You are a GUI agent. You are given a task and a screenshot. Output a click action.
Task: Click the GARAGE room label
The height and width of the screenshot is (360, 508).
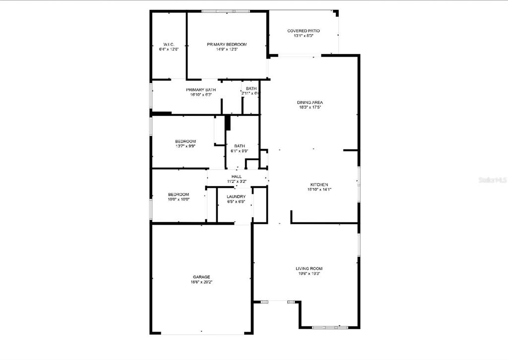tap(201, 277)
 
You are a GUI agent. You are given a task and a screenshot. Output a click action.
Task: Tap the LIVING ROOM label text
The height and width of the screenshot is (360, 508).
tap(310, 268)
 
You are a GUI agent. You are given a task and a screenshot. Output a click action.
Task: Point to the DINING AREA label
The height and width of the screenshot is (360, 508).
tap(310, 102)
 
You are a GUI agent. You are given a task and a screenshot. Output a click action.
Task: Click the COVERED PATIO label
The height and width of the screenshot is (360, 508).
tap(303, 31)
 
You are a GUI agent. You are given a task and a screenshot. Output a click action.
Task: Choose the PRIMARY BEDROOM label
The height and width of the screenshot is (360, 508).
tap(227, 44)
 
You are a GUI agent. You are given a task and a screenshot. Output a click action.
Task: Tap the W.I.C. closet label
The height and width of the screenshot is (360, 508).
tap(168, 44)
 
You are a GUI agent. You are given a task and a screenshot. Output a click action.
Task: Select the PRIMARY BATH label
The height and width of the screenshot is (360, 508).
tap(201, 90)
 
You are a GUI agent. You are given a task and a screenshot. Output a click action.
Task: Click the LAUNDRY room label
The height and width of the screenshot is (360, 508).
tap(236, 196)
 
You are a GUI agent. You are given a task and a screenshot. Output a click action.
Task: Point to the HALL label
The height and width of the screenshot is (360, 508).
tap(236, 177)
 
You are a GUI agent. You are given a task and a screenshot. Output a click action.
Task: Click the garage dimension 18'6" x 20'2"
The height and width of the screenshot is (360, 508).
tap(201, 282)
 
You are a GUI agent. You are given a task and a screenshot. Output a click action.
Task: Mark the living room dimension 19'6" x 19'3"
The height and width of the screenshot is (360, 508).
tap(310, 273)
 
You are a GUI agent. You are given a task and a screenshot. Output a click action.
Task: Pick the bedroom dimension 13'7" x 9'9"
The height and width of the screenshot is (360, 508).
tap(185, 146)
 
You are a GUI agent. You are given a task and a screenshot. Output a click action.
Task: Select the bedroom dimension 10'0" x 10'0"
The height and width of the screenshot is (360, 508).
tap(178, 199)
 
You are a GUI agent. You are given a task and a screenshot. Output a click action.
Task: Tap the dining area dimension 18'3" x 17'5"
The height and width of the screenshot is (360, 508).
tap(310, 107)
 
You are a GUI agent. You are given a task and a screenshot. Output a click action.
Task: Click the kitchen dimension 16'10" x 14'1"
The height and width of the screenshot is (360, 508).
tap(319, 189)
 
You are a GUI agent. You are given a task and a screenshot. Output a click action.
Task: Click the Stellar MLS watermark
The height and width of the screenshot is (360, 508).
tap(492, 180)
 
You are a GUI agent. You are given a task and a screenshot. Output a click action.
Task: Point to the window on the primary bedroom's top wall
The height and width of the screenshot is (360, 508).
tap(226, 11)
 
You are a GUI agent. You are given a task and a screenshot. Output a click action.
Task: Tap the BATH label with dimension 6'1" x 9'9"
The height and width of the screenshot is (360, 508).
tap(240, 146)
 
